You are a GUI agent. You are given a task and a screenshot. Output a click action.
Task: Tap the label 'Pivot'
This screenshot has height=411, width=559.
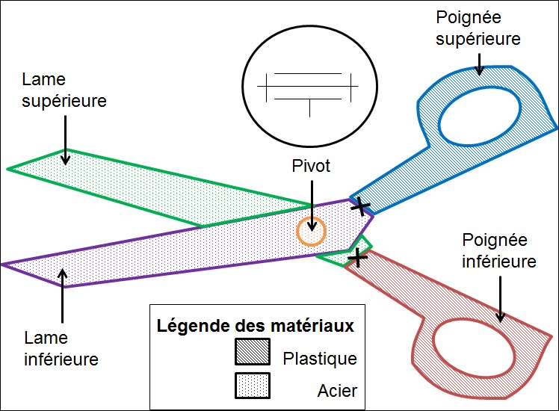click(311, 166)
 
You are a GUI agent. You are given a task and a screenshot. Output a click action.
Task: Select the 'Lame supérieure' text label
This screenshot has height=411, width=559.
click(64, 90)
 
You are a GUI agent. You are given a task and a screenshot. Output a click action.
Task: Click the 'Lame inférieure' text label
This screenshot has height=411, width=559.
click(61, 348)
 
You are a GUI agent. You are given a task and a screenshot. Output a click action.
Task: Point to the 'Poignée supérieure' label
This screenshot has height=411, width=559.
click(478, 28)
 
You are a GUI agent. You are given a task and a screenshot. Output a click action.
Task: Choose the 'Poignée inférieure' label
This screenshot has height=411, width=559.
click(499, 250)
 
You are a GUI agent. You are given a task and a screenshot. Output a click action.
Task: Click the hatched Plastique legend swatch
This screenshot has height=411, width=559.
click(253, 352)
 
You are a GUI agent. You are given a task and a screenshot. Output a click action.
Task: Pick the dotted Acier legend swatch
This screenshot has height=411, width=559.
click(253, 386)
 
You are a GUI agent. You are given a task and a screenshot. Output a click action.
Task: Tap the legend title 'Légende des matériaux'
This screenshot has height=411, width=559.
click(256, 326)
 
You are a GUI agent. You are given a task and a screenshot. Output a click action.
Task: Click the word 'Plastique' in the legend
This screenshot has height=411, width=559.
click(320, 359)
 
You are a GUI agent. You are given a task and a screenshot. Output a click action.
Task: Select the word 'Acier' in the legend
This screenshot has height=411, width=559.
click(337, 391)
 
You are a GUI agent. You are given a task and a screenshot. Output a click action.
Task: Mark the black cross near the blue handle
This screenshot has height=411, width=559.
click(362, 206)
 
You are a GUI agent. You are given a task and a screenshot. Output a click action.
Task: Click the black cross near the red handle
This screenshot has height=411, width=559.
click(357, 257)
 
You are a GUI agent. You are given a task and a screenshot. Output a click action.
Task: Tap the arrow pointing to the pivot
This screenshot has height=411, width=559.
click(312, 205)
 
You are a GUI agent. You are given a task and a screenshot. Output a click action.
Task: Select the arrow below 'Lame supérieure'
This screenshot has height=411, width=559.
click(65, 140)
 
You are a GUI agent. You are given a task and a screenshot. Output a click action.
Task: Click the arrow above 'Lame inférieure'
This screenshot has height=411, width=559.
click(63, 295)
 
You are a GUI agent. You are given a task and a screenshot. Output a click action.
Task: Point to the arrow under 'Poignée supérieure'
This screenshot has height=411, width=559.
click(480, 64)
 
